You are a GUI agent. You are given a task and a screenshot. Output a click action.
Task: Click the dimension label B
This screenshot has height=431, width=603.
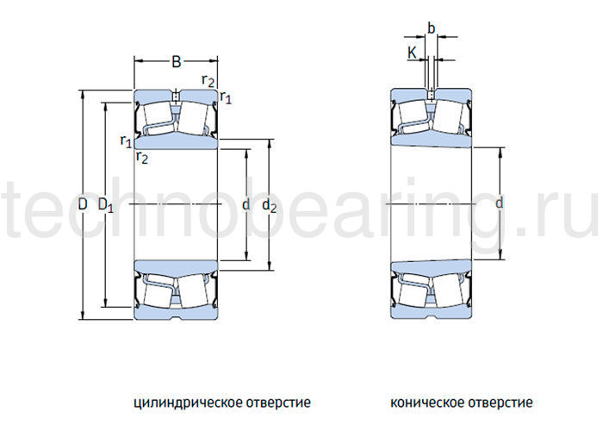[x=176, y=62]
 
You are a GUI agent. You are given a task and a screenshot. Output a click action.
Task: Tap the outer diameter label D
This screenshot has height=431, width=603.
[x=83, y=204]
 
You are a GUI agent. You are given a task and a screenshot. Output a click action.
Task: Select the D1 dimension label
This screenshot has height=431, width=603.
[x=105, y=205]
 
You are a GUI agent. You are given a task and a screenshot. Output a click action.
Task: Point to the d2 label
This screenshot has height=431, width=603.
[x=269, y=205]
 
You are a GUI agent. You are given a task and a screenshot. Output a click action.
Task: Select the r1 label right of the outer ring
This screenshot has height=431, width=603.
[x=226, y=97]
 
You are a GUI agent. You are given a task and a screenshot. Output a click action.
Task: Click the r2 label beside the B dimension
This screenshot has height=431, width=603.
[x=208, y=80]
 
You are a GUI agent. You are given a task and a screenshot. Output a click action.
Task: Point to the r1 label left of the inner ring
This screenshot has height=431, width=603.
[x=126, y=141]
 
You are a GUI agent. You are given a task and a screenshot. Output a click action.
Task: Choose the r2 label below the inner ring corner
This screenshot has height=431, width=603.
[x=142, y=157]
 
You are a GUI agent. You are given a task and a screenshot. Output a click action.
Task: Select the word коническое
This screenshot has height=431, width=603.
[x=426, y=403]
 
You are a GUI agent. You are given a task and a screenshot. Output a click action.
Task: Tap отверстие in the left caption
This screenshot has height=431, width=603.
[x=275, y=403]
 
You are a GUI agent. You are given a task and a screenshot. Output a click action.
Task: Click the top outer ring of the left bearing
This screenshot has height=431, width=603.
[x=155, y=94]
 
